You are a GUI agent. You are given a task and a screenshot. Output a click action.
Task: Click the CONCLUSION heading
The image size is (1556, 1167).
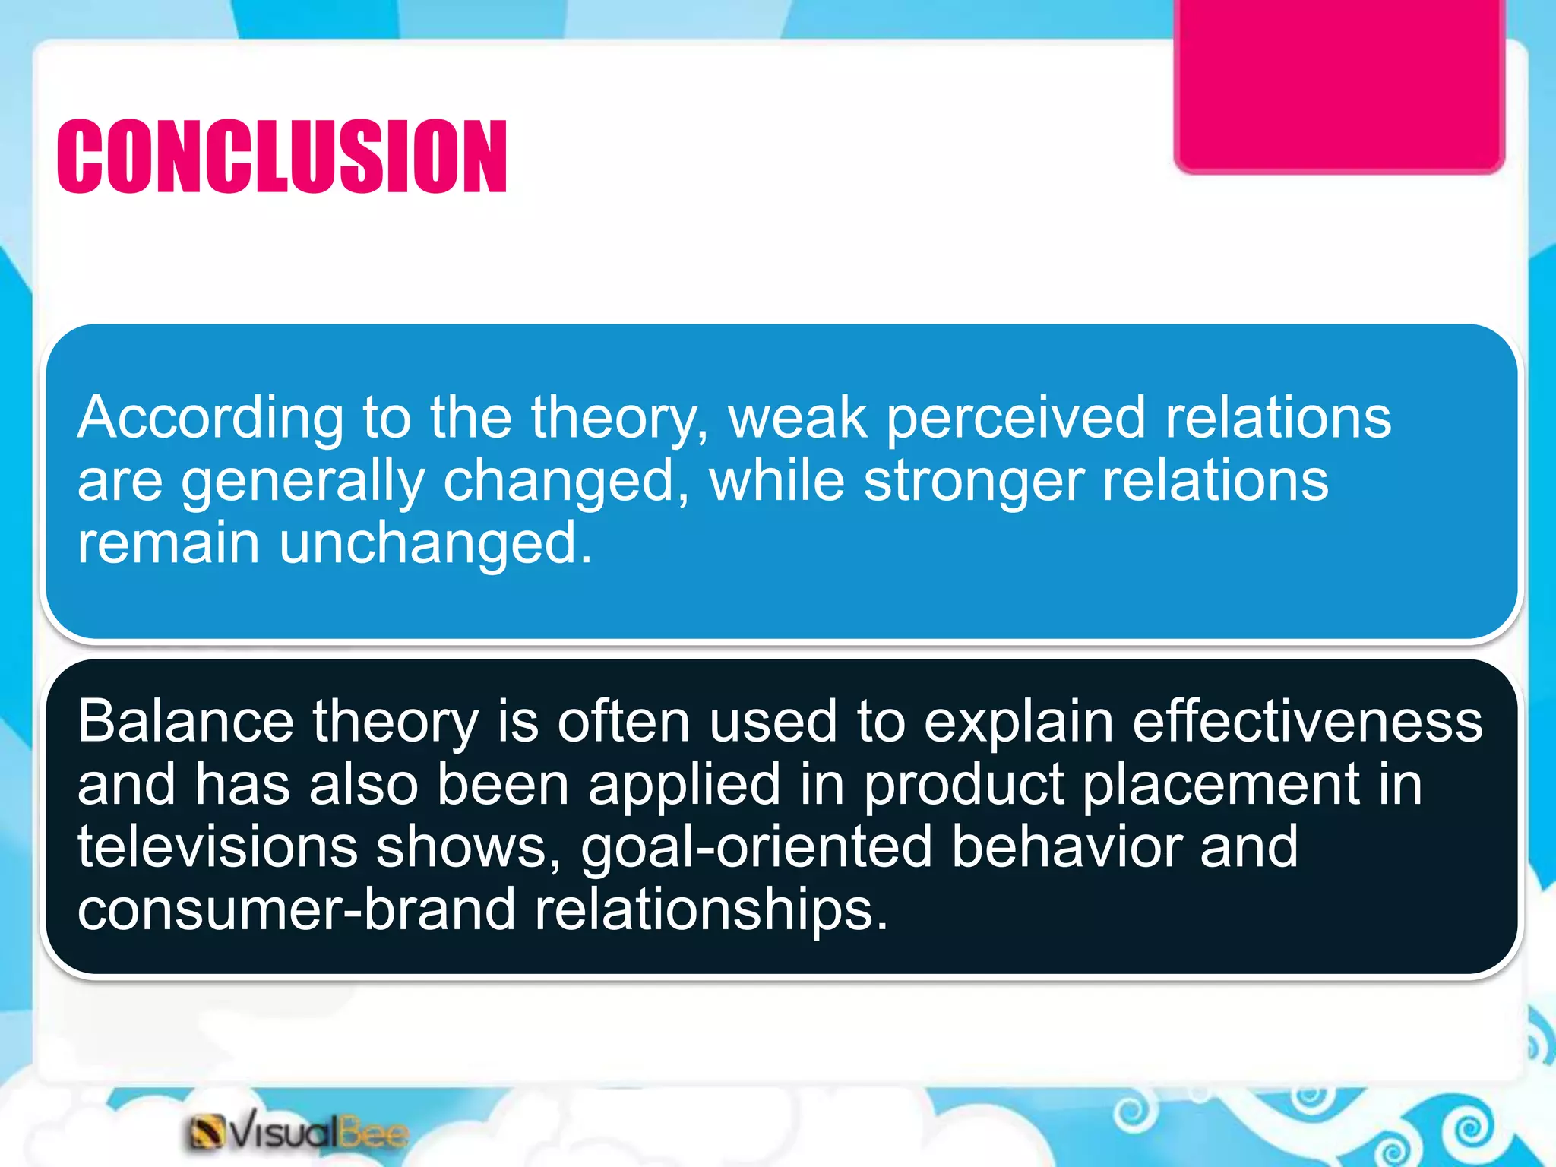click(282, 157)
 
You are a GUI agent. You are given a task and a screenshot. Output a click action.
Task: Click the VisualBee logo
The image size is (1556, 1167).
click(298, 1133)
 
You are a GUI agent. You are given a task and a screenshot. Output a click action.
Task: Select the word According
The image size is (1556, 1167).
click(210, 419)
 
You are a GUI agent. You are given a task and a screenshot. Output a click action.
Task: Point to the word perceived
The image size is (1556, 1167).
click(1016, 419)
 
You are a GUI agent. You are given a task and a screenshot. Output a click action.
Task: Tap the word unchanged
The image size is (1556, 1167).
click(435, 543)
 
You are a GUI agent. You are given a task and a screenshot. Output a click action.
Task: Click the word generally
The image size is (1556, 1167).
click(302, 482)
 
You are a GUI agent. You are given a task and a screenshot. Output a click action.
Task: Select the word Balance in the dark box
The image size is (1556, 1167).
click(185, 721)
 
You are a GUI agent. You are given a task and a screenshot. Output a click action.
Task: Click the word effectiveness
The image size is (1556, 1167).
click(1307, 721)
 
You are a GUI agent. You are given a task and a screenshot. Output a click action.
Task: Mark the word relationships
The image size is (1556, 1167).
click(710, 911)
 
